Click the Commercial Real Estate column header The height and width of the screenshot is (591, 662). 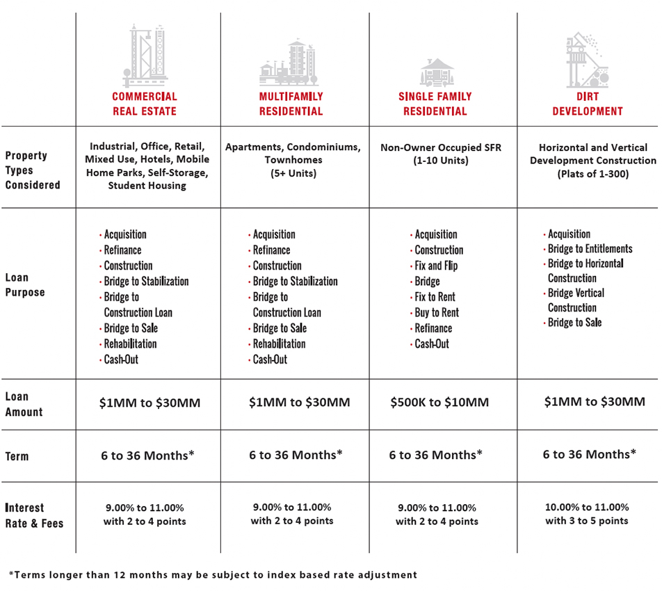pyautogui.click(x=145, y=104)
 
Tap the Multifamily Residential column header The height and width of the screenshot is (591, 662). pyautogui.click(x=291, y=104)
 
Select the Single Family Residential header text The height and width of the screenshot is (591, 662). pyautogui.click(x=435, y=104)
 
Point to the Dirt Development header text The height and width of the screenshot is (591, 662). pyautogui.click(x=588, y=104)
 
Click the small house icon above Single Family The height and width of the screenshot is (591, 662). pyautogui.click(x=437, y=72)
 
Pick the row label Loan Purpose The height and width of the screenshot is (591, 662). pyautogui.click(x=25, y=285)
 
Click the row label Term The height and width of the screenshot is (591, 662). pyautogui.click(x=17, y=456)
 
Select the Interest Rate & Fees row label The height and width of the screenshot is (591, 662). pyautogui.click(x=34, y=515)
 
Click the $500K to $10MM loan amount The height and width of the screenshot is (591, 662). pyautogui.click(x=439, y=402)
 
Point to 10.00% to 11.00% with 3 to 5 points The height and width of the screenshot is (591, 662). pyautogui.click(x=587, y=514)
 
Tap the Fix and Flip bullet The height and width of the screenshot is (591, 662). pyautogui.click(x=436, y=266)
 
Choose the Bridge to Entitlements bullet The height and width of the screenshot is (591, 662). pyautogui.click(x=590, y=249)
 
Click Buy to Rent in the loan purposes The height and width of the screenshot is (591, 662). pyautogui.click(x=437, y=313)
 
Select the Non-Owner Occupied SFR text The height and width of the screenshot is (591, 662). pyautogui.click(x=440, y=147)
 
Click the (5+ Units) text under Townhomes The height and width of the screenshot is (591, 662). pyautogui.click(x=293, y=174)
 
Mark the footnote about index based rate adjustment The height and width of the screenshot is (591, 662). pyautogui.click(x=213, y=574)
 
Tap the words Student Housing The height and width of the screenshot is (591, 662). pyautogui.click(x=147, y=186)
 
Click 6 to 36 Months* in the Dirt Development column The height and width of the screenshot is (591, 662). pyautogui.click(x=589, y=455)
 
